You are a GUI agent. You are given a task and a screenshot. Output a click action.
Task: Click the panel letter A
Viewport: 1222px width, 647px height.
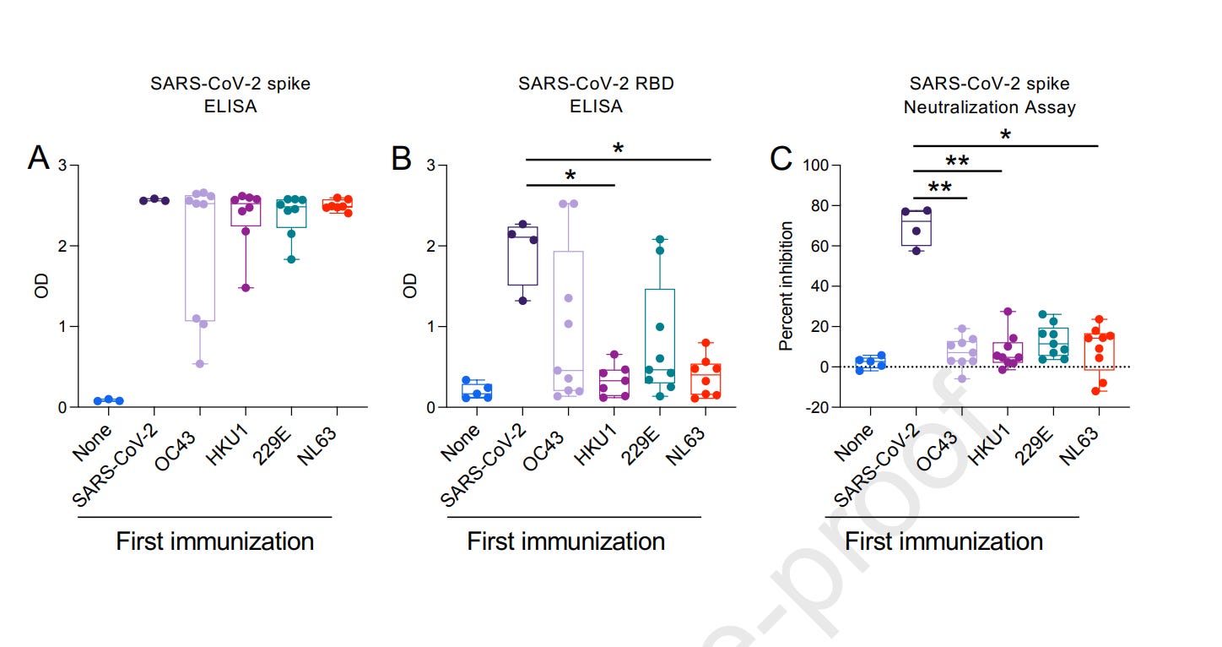pos(38,158)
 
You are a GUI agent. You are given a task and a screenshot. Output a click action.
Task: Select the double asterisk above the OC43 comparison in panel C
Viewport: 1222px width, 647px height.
pos(939,188)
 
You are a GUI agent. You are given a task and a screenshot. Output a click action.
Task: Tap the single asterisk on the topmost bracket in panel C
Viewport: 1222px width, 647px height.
pos(1005,135)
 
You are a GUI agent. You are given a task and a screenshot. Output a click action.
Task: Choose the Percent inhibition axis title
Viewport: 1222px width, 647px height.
pos(787,285)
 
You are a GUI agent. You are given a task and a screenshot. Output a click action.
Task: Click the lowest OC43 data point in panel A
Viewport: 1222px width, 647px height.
pos(200,364)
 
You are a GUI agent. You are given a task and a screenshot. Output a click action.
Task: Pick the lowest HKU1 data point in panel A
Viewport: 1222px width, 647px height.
pos(246,288)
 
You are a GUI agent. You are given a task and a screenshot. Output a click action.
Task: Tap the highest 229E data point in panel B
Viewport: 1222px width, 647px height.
pos(660,240)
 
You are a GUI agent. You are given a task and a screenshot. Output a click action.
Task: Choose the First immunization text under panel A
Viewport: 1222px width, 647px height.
pos(214,541)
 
